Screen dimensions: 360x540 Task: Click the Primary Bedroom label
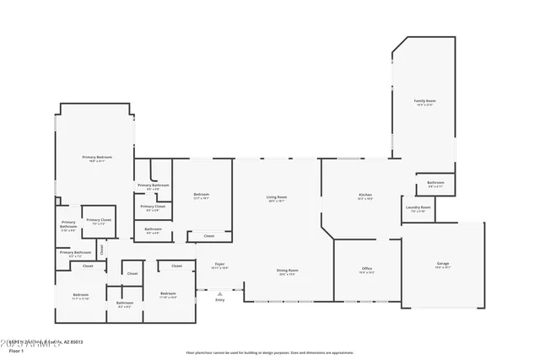(97, 157)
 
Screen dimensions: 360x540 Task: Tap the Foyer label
(219, 264)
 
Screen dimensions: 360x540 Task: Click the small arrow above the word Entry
(219, 293)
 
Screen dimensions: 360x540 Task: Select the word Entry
(219, 299)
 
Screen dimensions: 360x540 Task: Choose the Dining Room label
(288, 270)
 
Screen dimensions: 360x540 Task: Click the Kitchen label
(365, 195)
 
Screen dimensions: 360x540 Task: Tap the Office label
(367, 269)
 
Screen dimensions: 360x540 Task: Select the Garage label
(442, 264)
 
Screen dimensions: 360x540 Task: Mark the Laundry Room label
(418, 207)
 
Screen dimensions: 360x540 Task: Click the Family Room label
(424, 100)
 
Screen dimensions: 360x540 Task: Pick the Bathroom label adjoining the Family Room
(435, 182)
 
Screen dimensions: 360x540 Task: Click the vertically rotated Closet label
(101, 249)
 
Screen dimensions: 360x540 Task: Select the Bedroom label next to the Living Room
(201, 195)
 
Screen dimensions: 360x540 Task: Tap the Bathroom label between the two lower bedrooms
(125, 303)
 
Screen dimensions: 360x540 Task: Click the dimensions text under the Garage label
(442, 268)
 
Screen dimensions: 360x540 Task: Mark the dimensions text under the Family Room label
(424, 105)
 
